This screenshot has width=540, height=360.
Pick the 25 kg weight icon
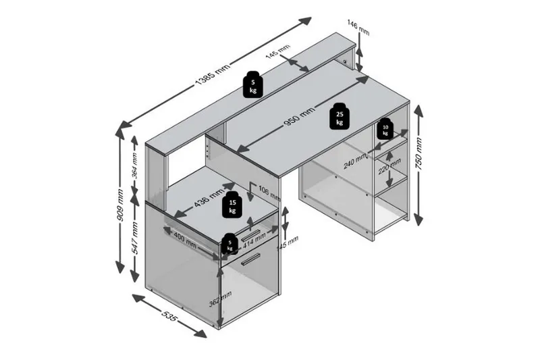pyautogui.click(x=339, y=116)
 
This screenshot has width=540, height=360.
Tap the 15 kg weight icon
pyautogui.click(x=232, y=205)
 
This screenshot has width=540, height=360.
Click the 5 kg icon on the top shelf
pyautogui.click(x=252, y=84)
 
